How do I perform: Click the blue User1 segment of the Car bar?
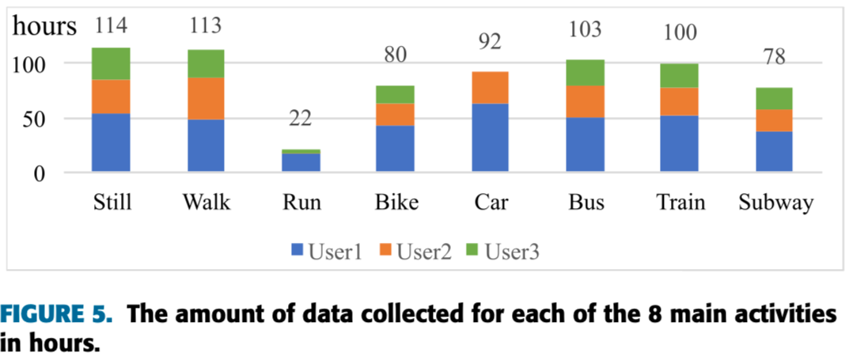click(490, 137)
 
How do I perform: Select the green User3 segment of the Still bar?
click(111, 63)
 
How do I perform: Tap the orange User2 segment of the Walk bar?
click(206, 98)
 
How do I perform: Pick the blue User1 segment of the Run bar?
click(301, 162)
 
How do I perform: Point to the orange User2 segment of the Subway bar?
click(774, 120)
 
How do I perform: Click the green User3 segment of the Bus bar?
click(585, 72)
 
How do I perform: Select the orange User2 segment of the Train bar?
click(679, 101)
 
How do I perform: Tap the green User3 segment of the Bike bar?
click(395, 94)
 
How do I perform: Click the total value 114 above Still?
click(112, 26)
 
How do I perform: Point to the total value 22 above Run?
click(300, 119)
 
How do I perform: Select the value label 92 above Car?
click(490, 41)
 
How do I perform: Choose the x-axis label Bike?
click(395, 203)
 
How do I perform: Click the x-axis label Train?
click(680, 203)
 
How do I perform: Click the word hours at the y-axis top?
click(44, 26)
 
